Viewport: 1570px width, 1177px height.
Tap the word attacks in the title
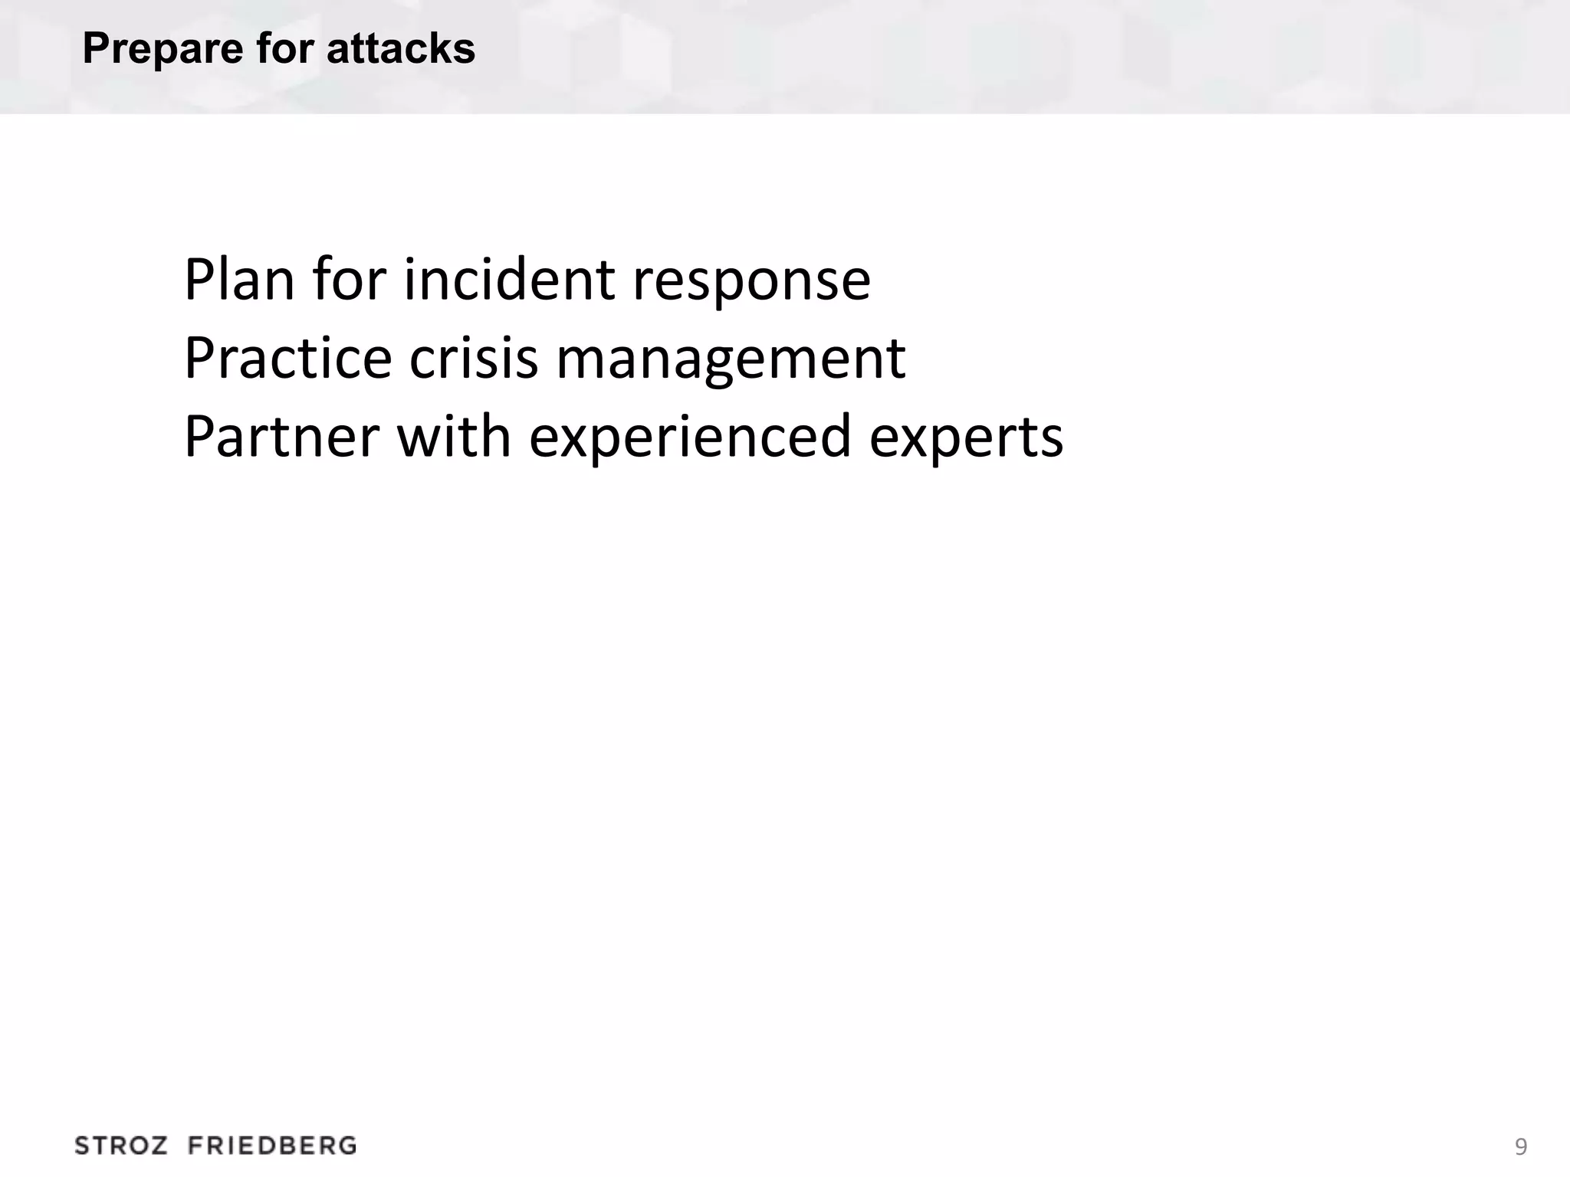pyautogui.click(x=400, y=49)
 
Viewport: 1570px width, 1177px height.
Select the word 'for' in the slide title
pyautogui.click(x=284, y=49)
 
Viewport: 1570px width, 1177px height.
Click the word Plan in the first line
pyautogui.click(x=239, y=280)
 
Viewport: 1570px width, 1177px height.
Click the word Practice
pyautogui.click(x=288, y=358)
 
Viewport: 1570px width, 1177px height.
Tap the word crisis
pyautogui.click(x=474, y=358)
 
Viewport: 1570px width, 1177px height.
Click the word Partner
pyautogui.click(x=282, y=437)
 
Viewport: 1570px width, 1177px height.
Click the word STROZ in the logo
pyautogui.click(x=121, y=1146)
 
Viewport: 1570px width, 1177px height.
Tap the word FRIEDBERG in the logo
pyautogui.click(x=272, y=1146)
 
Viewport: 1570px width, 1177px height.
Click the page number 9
pyautogui.click(x=1521, y=1147)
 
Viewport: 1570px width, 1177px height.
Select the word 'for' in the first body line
pyautogui.click(x=349, y=280)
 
